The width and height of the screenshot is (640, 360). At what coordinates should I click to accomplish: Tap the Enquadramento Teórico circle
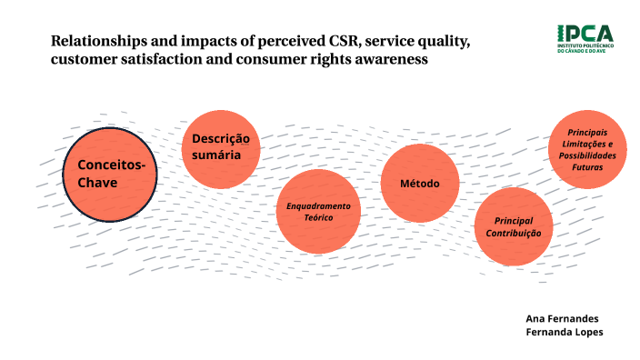pyautogui.click(x=318, y=212)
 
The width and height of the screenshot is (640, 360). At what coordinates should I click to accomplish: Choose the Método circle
pyautogui.click(x=420, y=184)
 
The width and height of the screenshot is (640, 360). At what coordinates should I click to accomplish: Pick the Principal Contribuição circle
pyautogui.click(x=513, y=226)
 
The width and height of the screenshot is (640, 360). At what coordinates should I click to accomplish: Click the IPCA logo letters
pyautogui.click(x=585, y=34)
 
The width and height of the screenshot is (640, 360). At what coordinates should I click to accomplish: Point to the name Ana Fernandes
pyautogui.click(x=562, y=318)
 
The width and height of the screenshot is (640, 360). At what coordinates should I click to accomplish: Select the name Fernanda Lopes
pyautogui.click(x=564, y=332)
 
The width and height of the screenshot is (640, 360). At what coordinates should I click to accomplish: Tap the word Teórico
pyautogui.click(x=318, y=218)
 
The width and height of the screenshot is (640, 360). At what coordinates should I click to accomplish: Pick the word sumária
pyautogui.click(x=216, y=155)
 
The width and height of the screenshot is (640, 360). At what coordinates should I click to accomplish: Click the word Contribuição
pyautogui.click(x=513, y=233)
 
